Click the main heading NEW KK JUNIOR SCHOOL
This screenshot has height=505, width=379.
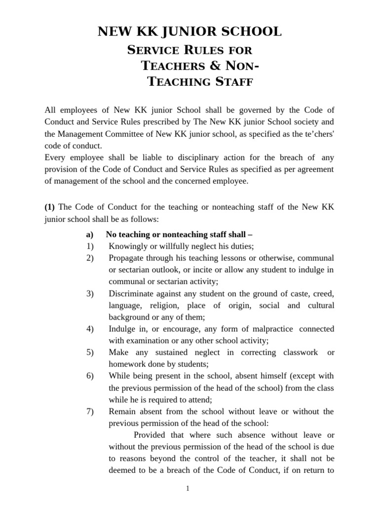click(189, 32)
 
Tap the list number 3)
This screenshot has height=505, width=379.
click(90, 293)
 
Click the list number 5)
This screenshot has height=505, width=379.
click(90, 352)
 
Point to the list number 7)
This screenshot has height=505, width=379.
click(90, 411)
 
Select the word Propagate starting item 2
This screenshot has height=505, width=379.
click(126, 258)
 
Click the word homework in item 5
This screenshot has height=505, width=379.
click(126, 364)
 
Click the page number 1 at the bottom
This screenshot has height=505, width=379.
click(188, 488)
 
